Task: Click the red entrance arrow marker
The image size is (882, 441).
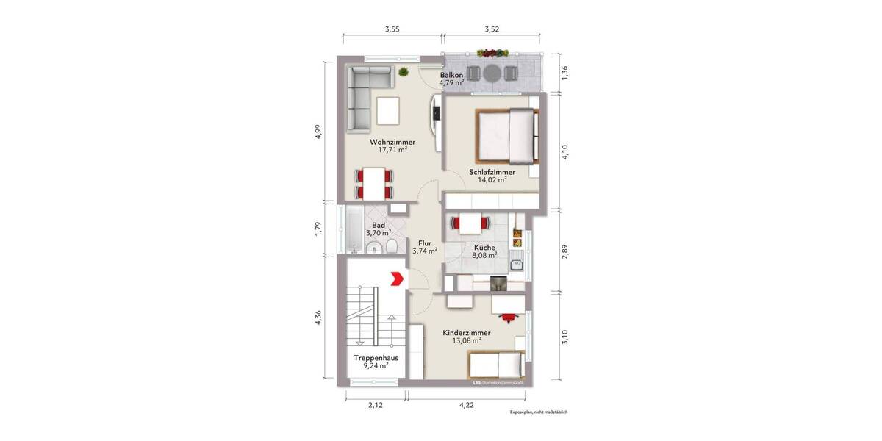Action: [395, 279]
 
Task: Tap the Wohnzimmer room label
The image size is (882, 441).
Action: [392, 142]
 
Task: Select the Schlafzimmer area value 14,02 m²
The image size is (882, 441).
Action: [492, 179]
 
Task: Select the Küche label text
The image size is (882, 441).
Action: [484, 248]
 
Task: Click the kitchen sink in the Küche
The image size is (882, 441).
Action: [517, 262]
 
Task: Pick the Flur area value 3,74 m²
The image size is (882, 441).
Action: [425, 251]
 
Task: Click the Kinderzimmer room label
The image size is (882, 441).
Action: [466, 333]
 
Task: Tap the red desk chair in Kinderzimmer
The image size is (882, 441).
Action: [507, 316]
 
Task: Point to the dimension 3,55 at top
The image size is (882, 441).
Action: [392, 30]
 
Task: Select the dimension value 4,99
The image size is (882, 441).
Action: [318, 130]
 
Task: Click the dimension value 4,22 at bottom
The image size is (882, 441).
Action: [466, 404]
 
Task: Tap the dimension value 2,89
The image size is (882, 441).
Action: [564, 251]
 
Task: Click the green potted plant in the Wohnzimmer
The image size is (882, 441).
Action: [403, 72]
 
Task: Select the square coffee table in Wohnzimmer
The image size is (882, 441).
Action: [387, 111]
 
